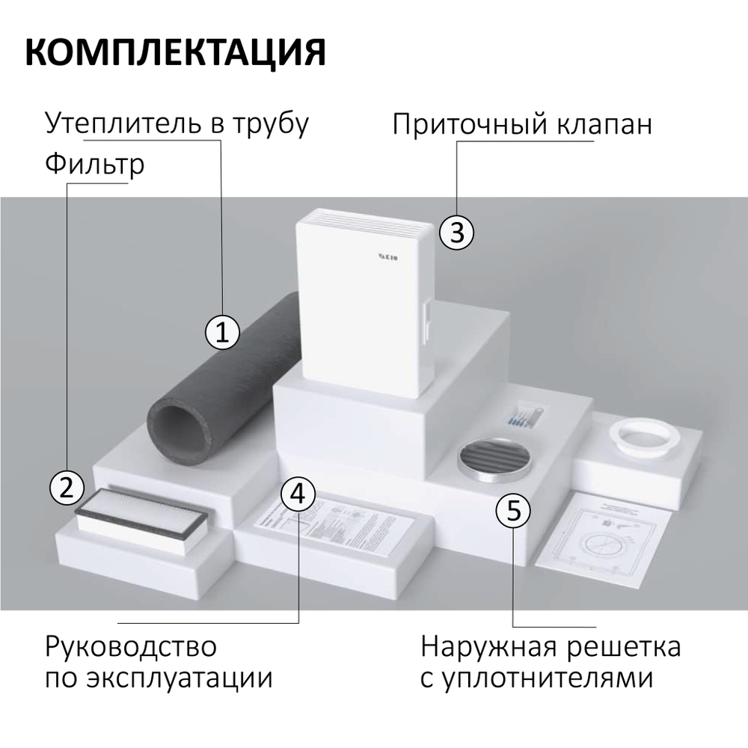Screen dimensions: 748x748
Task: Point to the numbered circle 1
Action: pos(222,331)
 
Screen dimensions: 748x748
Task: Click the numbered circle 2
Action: pos(66,488)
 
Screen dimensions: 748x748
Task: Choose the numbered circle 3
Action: pos(456,233)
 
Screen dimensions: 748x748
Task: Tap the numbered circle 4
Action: pos(298,494)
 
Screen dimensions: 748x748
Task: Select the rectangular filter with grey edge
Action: pos(145,515)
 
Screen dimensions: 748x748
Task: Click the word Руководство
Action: pos(130,646)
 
